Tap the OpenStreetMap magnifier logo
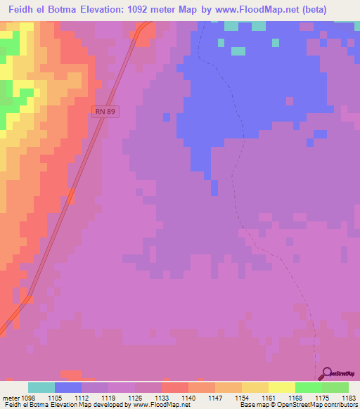point(326,373)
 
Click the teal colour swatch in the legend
point(41,387)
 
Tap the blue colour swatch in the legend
point(68,387)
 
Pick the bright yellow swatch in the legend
point(281,387)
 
